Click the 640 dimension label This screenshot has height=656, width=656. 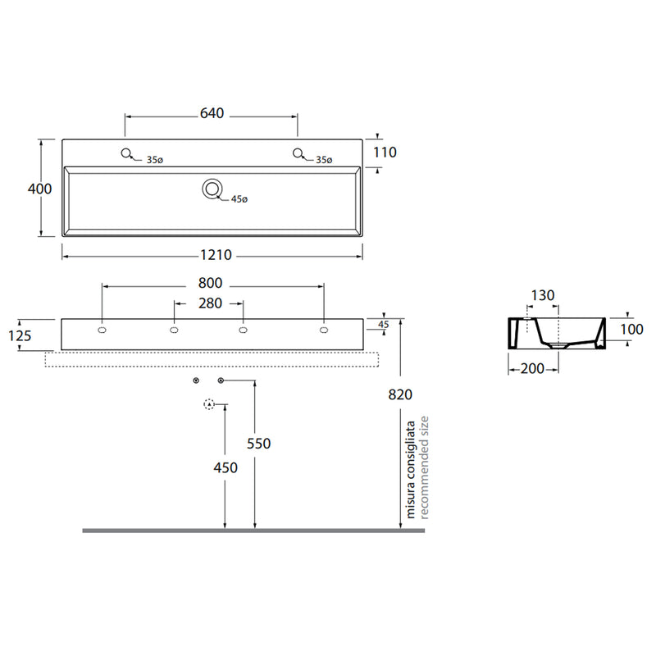point(212,113)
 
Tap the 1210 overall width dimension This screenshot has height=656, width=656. point(216,255)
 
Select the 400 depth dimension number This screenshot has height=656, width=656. point(39,189)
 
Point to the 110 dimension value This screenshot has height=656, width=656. point(385,153)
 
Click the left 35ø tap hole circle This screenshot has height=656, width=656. point(126,153)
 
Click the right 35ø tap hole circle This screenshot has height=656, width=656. point(298,153)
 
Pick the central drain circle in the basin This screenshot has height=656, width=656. point(212,189)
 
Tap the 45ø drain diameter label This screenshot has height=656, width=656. point(239,199)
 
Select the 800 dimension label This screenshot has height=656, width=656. point(211,283)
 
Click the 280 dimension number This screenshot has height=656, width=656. point(211,303)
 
